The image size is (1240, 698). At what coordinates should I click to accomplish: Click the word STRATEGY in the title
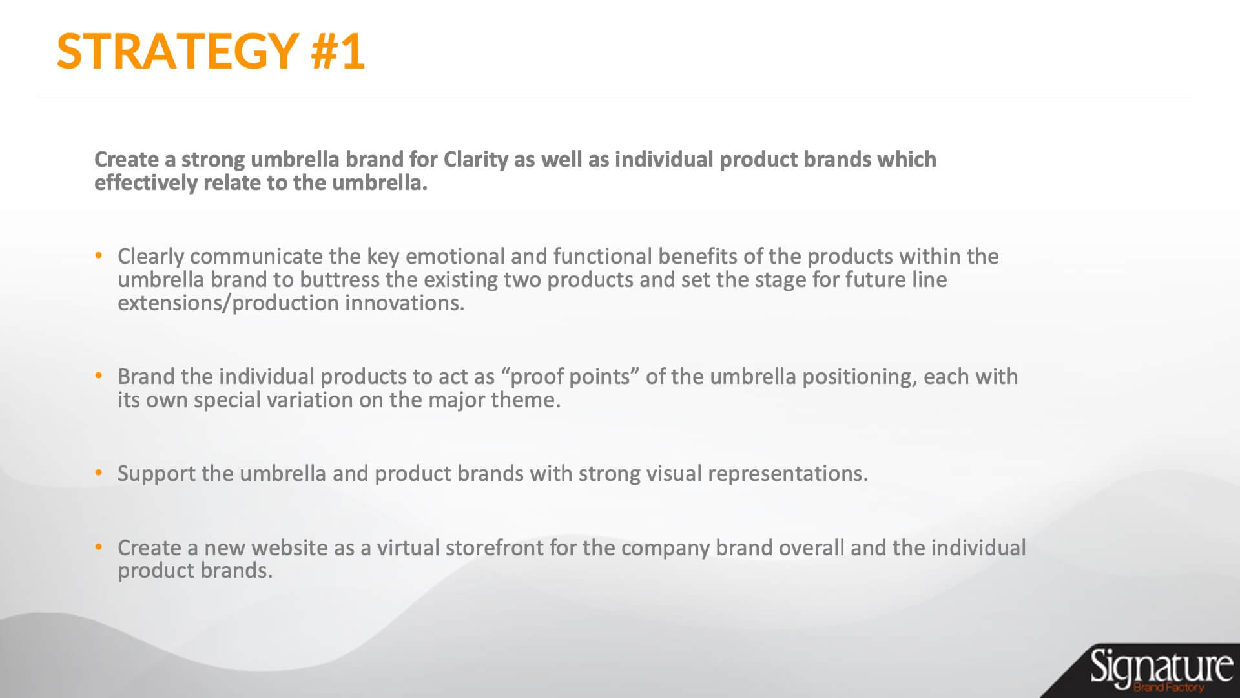(x=177, y=51)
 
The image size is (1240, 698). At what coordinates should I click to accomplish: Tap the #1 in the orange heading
(x=338, y=51)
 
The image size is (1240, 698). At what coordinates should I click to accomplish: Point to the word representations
(x=788, y=474)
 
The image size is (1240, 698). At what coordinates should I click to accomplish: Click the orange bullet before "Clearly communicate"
(x=99, y=256)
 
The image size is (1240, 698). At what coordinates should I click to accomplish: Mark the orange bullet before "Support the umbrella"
(x=99, y=473)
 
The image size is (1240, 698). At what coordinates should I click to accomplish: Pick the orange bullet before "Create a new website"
(x=99, y=547)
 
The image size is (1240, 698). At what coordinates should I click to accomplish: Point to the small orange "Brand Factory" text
(x=1168, y=687)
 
